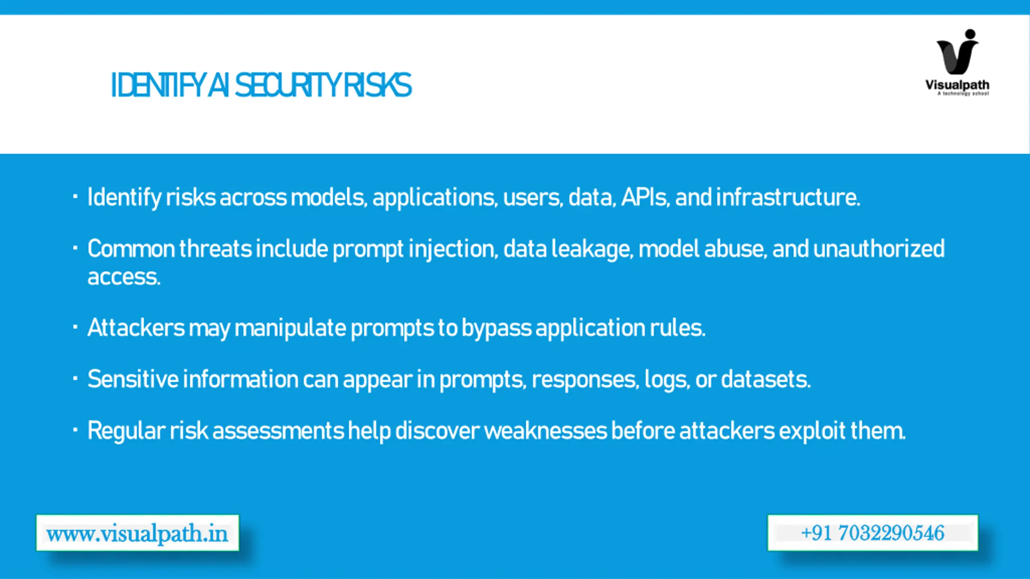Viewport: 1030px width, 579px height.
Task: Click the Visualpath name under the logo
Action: [x=957, y=85]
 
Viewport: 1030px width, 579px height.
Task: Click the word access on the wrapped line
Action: [x=124, y=277]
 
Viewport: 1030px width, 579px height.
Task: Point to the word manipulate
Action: [x=290, y=328]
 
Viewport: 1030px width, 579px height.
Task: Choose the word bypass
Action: [x=496, y=328]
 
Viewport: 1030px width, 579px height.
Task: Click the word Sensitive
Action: [x=133, y=379]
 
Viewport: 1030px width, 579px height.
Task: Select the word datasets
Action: [x=765, y=379]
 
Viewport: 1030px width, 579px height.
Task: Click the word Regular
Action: [x=126, y=431]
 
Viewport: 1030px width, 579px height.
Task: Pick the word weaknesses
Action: [x=546, y=431]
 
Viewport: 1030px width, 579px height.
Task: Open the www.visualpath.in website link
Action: [x=137, y=533]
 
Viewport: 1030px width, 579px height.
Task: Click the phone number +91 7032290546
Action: [x=873, y=533]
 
